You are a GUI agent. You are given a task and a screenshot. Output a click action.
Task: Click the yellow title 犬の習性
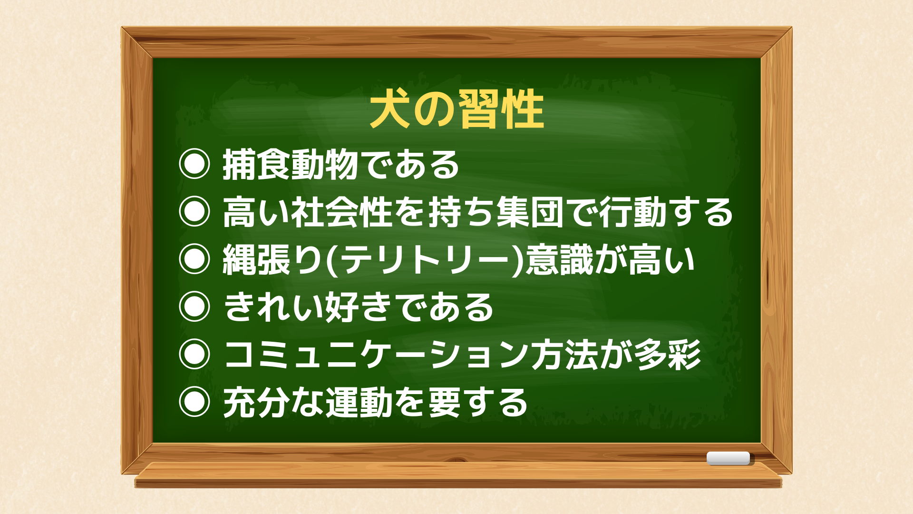coord(457,110)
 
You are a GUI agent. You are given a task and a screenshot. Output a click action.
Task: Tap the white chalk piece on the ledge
coord(728,458)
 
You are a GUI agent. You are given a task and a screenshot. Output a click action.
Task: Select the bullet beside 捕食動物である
coord(194,164)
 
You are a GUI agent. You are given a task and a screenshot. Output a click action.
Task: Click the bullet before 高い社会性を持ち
coord(194,211)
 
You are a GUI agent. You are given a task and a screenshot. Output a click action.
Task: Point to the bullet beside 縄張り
coord(194,259)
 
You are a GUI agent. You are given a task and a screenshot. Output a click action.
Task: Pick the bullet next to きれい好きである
coord(194,306)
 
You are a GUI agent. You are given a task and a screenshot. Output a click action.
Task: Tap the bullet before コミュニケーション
coord(194,354)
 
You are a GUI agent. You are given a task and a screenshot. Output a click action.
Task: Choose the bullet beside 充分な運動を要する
coord(194,402)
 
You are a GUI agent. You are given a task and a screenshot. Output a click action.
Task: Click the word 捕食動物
coord(291,165)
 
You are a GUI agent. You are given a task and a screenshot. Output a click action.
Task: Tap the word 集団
coord(530,212)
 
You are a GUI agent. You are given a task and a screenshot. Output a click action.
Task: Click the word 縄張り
coord(273,260)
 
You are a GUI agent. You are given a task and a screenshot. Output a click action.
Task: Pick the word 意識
coord(560,260)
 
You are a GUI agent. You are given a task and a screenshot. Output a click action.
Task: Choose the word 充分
coord(256,403)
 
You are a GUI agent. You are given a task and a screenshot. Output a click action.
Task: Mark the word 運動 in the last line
coord(359,403)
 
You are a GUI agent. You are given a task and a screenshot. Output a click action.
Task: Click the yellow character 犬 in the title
coord(390,110)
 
